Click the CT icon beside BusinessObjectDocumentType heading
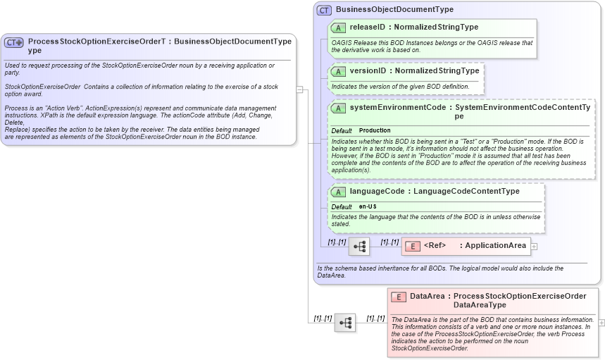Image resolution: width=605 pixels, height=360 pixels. coord(324,10)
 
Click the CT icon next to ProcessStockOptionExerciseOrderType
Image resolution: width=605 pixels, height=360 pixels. coord(14,42)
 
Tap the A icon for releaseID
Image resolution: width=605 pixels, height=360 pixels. coord(338,27)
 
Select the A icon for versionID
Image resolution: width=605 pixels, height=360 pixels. coord(338,71)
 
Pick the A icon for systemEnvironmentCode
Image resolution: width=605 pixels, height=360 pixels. coord(338,108)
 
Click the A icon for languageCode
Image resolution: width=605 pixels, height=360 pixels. coord(338,192)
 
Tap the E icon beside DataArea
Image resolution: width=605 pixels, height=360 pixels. coord(399,297)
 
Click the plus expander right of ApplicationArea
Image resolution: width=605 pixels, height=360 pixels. coord(534,247)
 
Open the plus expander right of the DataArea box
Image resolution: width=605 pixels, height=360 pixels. coord(601,322)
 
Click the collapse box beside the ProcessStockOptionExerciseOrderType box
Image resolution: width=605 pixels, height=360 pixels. coord(299,89)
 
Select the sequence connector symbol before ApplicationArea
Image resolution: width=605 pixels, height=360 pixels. coord(359,246)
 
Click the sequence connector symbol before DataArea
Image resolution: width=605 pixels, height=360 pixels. coord(345,323)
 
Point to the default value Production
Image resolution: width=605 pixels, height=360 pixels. coord(375,131)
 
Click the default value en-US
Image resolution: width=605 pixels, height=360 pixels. coord(368,206)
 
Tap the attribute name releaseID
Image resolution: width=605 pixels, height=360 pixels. coord(367,27)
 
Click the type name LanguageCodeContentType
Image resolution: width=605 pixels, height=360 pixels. coord(466,192)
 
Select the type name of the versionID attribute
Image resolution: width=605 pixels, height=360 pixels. coord(437,71)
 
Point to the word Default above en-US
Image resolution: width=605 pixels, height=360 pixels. coord(342,206)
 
